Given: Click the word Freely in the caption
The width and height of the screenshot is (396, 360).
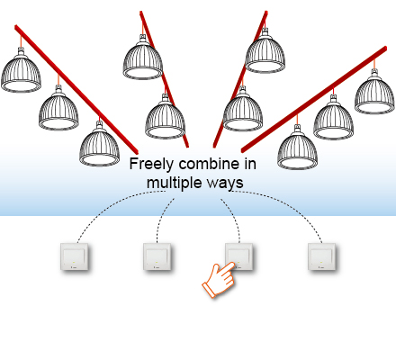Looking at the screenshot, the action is click(x=151, y=165).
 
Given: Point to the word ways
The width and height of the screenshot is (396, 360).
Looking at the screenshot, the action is click(x=227, y=184).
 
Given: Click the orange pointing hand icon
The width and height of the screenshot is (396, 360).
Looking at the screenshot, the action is click(x=219, y=280).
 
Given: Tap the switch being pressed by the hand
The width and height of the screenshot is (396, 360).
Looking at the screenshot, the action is click(x=239, y=256).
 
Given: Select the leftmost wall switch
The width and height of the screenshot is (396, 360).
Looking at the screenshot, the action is click(x=75, y=256).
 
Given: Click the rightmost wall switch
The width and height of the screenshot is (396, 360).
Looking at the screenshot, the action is click(x=321, y=256).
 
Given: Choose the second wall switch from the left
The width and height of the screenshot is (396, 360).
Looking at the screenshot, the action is click(x=157, y=256).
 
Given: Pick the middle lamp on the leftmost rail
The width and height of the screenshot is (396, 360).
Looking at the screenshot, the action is click(x=58, y=108).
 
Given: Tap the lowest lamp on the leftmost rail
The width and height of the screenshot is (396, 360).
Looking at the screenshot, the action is click(x=99, y=144).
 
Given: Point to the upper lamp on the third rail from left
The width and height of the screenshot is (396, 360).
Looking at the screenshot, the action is click(x=265, y=51).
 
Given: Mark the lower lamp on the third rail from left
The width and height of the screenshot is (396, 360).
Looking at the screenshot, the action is click(x=243, y=110).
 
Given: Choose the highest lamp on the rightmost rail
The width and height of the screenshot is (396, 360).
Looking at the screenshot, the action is click(x=374, y=92).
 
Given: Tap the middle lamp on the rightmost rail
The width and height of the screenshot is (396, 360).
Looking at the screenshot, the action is click(x=334, y=118).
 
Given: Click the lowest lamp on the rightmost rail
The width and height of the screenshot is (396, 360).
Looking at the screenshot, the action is click(x=297, y=147).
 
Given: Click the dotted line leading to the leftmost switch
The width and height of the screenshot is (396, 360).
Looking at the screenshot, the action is click(x=111, y=204).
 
